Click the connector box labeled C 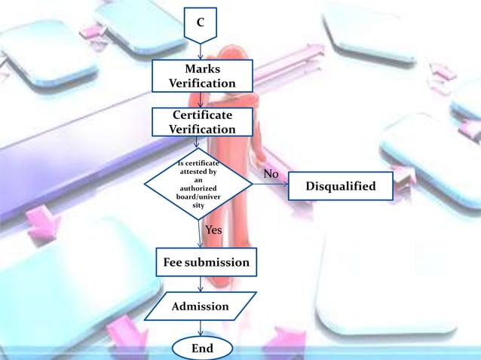pyautogui.click(x=200, y=23)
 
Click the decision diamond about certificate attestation pyautogui.click(x=198, y=185)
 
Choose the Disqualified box pyautogui.click(x=340, y=186)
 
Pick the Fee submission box pyautogui.click(x=206, y=263)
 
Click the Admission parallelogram pyautogui.click(x=200, y=307)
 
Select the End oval pyautogui.click(x=201, y=349)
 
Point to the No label pyautogui.click(x=271, y=175)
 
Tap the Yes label pyautogui.click(x=214, y=230)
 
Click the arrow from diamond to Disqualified pyautogui.click(x=270, y=185)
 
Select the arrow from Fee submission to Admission pyautogui.click(x=201, y=285)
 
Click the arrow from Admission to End pyautogui.click(x=201, y=328)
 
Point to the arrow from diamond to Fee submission pyautogui.click(x=201, y=234)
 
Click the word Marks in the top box pyautogui.click(x=202, y=69)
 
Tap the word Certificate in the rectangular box pyautogui.click(x=201, y=115)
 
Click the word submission pyautogui.click(x=218, y=263)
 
